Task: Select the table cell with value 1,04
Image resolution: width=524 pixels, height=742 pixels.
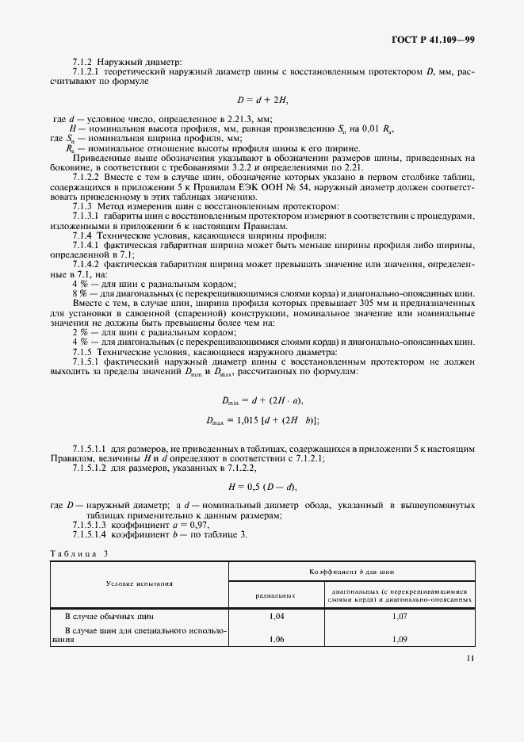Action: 276,615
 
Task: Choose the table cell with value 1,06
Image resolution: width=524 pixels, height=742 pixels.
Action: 276,639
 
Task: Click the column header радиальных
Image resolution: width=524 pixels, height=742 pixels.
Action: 276,594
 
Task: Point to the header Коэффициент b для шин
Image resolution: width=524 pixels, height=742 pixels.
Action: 351,571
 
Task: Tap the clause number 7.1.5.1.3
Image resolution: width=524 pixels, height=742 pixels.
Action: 90,525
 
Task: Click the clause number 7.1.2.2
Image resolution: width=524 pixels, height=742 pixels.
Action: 84,178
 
